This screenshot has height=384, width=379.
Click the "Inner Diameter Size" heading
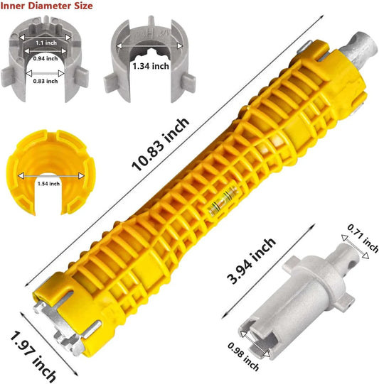point(46,6)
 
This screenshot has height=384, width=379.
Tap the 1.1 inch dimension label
point(46,43)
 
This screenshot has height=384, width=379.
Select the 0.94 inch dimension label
point(46,58)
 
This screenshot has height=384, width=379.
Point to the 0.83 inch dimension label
point(46,81)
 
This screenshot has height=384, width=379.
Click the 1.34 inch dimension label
point(151,66)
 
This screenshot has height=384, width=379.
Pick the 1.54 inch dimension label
point(48,184)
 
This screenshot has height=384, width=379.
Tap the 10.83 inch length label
point(161,144)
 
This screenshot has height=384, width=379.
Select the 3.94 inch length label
point(251,260)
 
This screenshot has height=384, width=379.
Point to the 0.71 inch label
point(363,238)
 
